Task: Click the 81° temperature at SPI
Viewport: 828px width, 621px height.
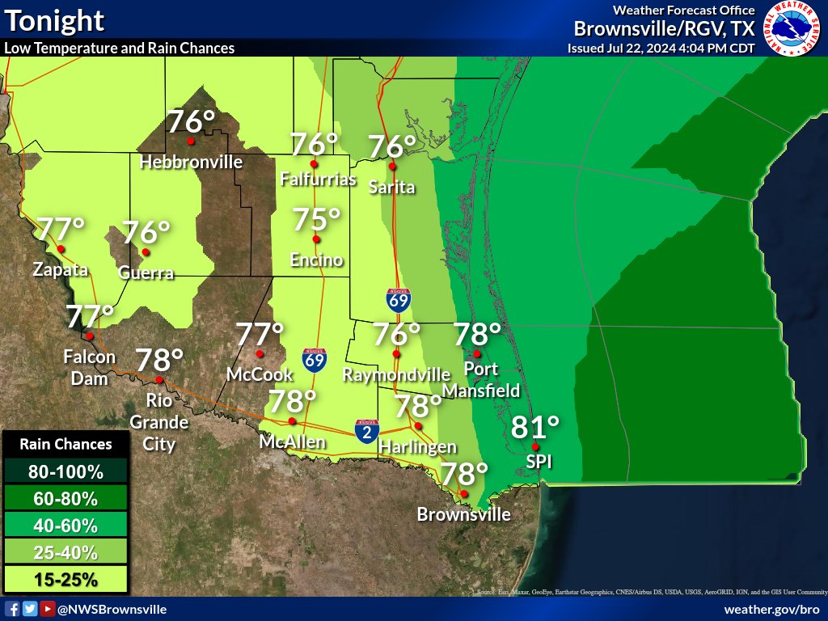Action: coord(534,426)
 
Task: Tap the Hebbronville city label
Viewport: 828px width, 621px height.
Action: coord(191,162)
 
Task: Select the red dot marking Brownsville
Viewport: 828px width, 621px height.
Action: coord(464,493)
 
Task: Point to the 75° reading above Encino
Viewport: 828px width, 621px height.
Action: coord(316,219)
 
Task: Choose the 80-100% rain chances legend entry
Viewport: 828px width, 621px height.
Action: coord(65,471)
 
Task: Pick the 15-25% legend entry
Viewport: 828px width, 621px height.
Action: coord(65,579)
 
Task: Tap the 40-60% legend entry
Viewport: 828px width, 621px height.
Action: coord(65,525)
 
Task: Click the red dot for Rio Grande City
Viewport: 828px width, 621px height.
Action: coord(159,379)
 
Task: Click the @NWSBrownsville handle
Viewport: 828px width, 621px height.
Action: coord(112,609)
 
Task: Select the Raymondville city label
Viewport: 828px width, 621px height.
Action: coord(395,375)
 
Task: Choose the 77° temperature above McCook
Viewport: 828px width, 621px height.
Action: coord(260,333)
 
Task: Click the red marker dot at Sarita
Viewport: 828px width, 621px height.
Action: coord(392,167)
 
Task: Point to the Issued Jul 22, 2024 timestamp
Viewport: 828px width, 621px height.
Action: coord(661,49)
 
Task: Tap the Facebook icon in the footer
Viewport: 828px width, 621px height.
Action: coord(12,609)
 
